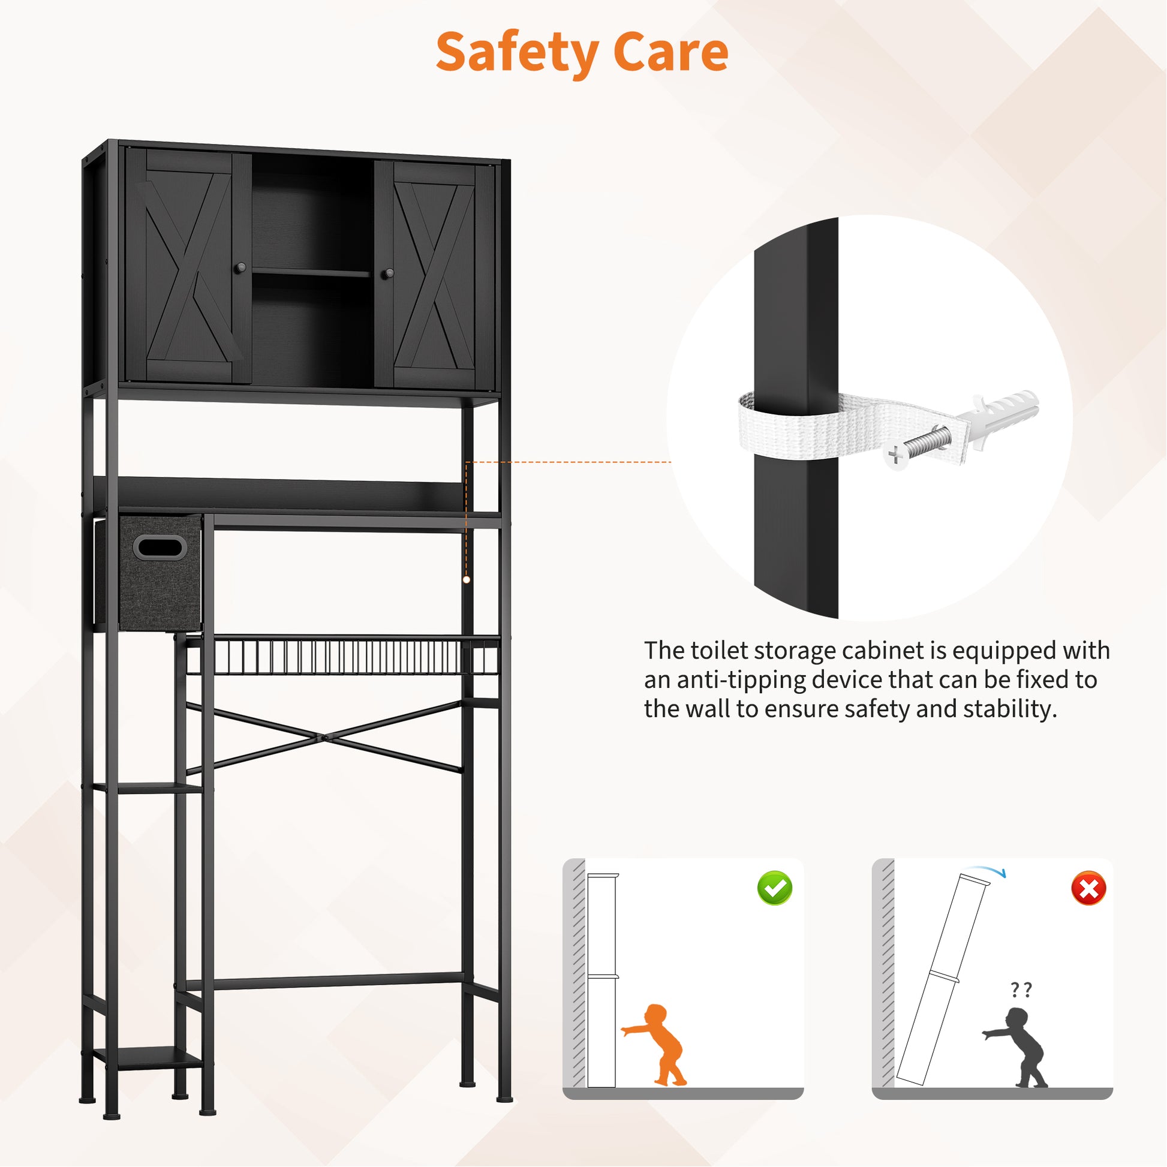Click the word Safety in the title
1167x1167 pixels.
517,53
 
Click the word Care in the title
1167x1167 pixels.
670,52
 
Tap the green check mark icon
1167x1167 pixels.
774,888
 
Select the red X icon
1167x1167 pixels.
1088,888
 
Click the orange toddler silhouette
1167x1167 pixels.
655,1045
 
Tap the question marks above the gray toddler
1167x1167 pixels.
1021,989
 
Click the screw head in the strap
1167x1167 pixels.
895,455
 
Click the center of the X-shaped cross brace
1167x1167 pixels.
324,738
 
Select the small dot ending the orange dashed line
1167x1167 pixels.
467,579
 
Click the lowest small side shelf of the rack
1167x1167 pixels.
148,1057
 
